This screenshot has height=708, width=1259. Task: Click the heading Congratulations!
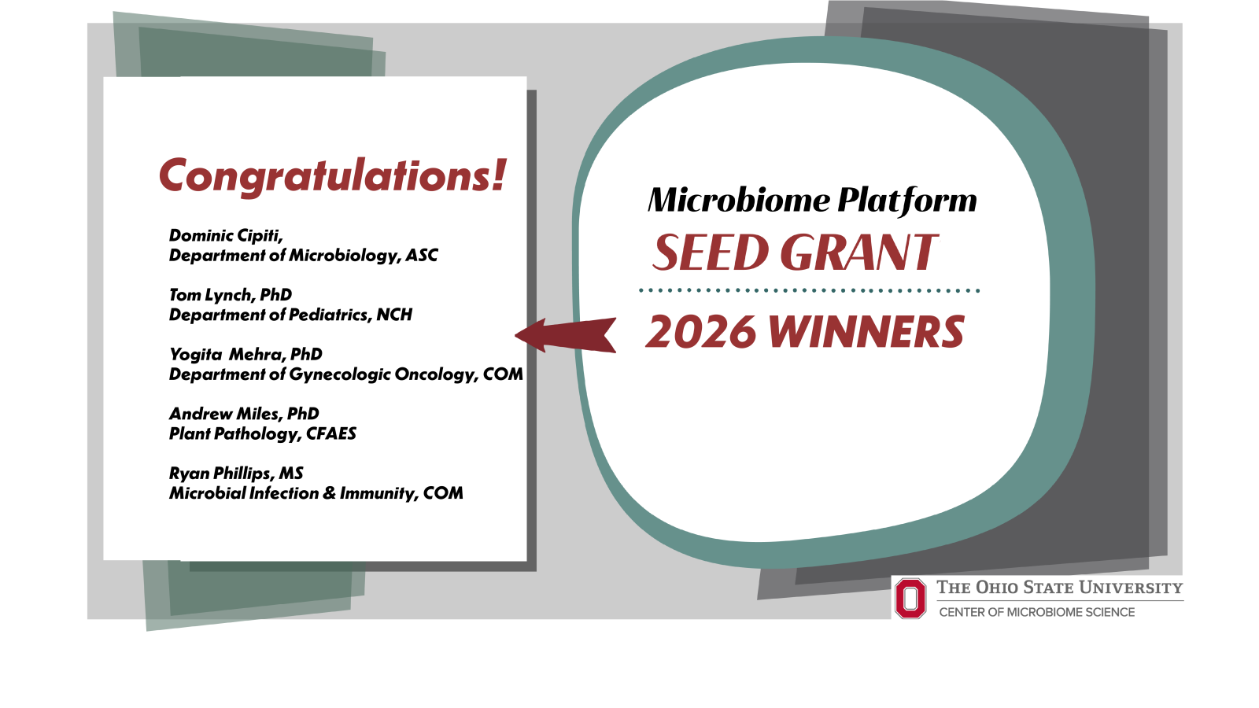(332, 175)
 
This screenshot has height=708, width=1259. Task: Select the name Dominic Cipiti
(226, 235)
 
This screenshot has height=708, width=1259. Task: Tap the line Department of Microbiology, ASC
(303, 256)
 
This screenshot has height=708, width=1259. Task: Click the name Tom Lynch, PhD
(231, 295)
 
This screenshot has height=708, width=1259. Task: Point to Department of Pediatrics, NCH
(290, 315)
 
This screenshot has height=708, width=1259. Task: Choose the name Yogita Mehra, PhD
(246, 354)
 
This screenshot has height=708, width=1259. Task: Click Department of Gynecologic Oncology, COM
(345, 374)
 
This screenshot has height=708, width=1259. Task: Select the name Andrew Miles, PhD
(244, 414)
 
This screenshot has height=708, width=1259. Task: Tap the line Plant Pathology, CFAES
(263, 433)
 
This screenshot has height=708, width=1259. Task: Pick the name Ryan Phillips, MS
(236, 474)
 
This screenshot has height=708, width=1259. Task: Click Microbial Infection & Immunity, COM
(316, 493)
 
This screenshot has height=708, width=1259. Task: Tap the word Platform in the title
(906, 201)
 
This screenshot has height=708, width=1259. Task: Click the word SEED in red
(711, 253)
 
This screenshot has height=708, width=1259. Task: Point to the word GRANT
(858, 253)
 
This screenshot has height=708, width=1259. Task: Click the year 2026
(700, 332)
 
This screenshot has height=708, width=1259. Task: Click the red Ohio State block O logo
(910, 598)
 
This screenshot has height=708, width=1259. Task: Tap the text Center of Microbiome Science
(1036, 612)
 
